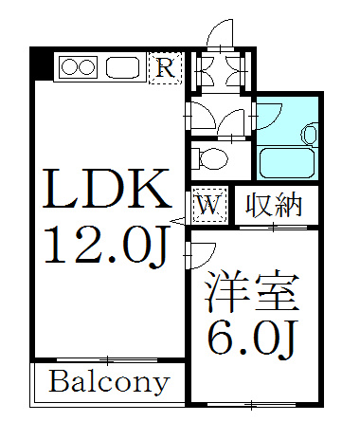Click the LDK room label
[107, 189]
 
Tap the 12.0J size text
[107, 246]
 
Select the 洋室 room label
[252, 291]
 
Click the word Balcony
[109, 382]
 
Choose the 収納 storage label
[274, 206]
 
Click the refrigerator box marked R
[166, 68]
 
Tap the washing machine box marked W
[209, 206]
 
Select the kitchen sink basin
[122, 67]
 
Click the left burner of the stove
[70, 67]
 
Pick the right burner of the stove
[86, 67]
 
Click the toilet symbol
[210, 158]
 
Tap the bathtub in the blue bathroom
[287, 162]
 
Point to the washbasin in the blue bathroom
[310, 134]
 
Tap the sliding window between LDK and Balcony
[107, 359]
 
